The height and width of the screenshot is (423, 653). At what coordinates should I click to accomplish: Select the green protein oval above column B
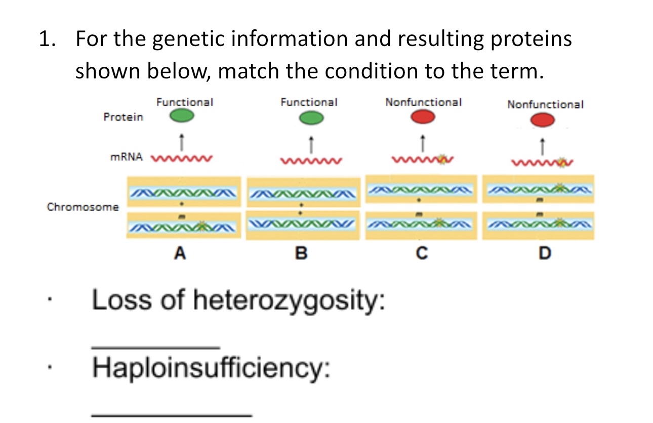click(x=310, y=118)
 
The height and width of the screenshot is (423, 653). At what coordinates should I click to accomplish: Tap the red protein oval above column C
click(x=423, y=117)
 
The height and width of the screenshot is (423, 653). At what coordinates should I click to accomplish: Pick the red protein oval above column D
click(x=543, y=120)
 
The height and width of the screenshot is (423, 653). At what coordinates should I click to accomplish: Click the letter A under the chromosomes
click(x=179, y=253)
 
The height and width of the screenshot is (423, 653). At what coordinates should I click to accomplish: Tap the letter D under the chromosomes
click(x=544, y=253)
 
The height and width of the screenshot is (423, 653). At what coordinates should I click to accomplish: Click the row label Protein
click(x=123, y=117)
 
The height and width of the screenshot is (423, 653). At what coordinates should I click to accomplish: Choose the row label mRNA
click(x=127, y=157)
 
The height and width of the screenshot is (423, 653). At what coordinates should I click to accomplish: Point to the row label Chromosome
click(x=83, y=207)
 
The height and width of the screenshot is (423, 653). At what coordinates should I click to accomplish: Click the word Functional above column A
click(x=185, y=102)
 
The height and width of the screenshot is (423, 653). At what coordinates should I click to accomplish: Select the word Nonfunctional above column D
click(x=545, y=105)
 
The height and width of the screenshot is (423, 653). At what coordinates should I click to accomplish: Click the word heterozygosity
click(x=290, y=301)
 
